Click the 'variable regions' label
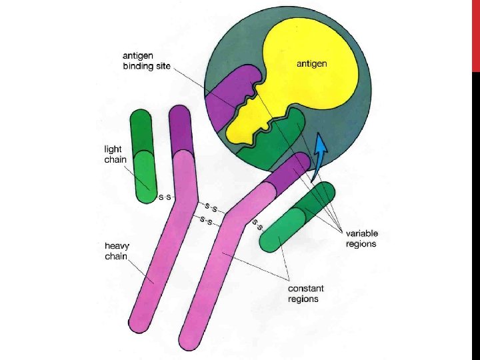361,238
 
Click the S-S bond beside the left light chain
165,197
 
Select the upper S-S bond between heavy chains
213,209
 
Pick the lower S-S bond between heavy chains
205,221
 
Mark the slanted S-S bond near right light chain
258,224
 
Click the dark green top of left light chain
141,130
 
